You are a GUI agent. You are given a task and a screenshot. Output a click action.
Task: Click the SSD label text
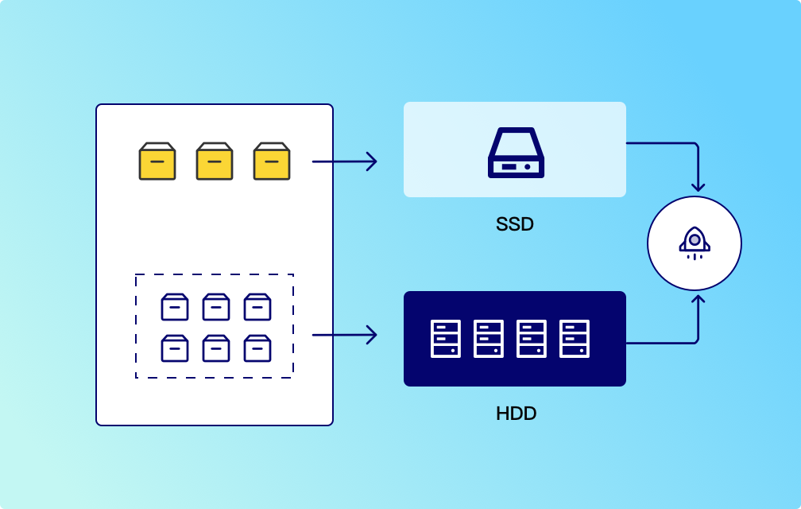pos(515,224)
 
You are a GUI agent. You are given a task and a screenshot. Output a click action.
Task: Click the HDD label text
pos(516,414)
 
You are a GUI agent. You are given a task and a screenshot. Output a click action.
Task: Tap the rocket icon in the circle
pos(695,243)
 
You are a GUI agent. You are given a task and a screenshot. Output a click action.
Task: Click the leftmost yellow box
pos(157,161)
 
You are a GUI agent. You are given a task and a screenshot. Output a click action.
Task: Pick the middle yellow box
pos(215,161)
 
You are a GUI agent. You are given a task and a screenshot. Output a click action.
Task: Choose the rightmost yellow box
pos(272,161)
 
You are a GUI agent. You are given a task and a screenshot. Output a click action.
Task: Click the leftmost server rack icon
pos(446,339)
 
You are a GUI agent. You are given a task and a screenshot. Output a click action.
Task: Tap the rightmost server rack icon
pos(575,339)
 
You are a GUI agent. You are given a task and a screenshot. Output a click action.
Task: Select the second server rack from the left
pos(489,339)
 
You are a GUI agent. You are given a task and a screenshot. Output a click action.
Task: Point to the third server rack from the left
pos(532,339)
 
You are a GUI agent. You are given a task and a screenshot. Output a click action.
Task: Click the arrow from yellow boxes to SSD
pos(344,161)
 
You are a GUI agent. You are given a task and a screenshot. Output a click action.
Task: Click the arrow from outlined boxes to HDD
pos(344,335)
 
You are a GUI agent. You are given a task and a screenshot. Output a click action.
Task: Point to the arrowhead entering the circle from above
pos(698,186)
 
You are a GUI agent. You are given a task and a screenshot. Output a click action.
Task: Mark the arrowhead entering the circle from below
pos(698,301)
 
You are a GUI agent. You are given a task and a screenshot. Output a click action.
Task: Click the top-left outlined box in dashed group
pos(175,307)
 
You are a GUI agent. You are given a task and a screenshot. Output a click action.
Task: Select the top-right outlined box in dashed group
pos(257,307)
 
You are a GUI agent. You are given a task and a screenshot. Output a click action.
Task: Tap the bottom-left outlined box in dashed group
pos(175,348)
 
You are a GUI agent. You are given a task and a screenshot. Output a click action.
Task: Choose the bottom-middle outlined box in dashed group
pos(216,348)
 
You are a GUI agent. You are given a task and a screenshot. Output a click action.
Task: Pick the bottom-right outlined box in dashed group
pos(257,348)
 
